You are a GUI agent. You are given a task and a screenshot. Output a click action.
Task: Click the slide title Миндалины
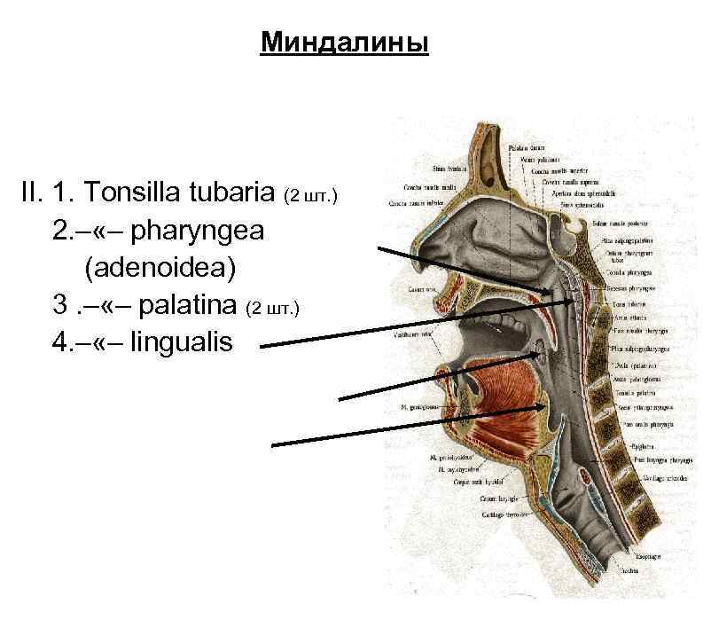(344, 43)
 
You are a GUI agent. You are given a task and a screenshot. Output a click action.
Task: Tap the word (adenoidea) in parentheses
(150, 267)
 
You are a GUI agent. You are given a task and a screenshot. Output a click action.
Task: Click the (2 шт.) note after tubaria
(309, 194)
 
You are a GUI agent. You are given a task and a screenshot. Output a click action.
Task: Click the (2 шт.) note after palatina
(272, 308)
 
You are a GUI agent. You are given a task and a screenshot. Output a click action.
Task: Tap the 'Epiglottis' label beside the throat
(643, 446)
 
